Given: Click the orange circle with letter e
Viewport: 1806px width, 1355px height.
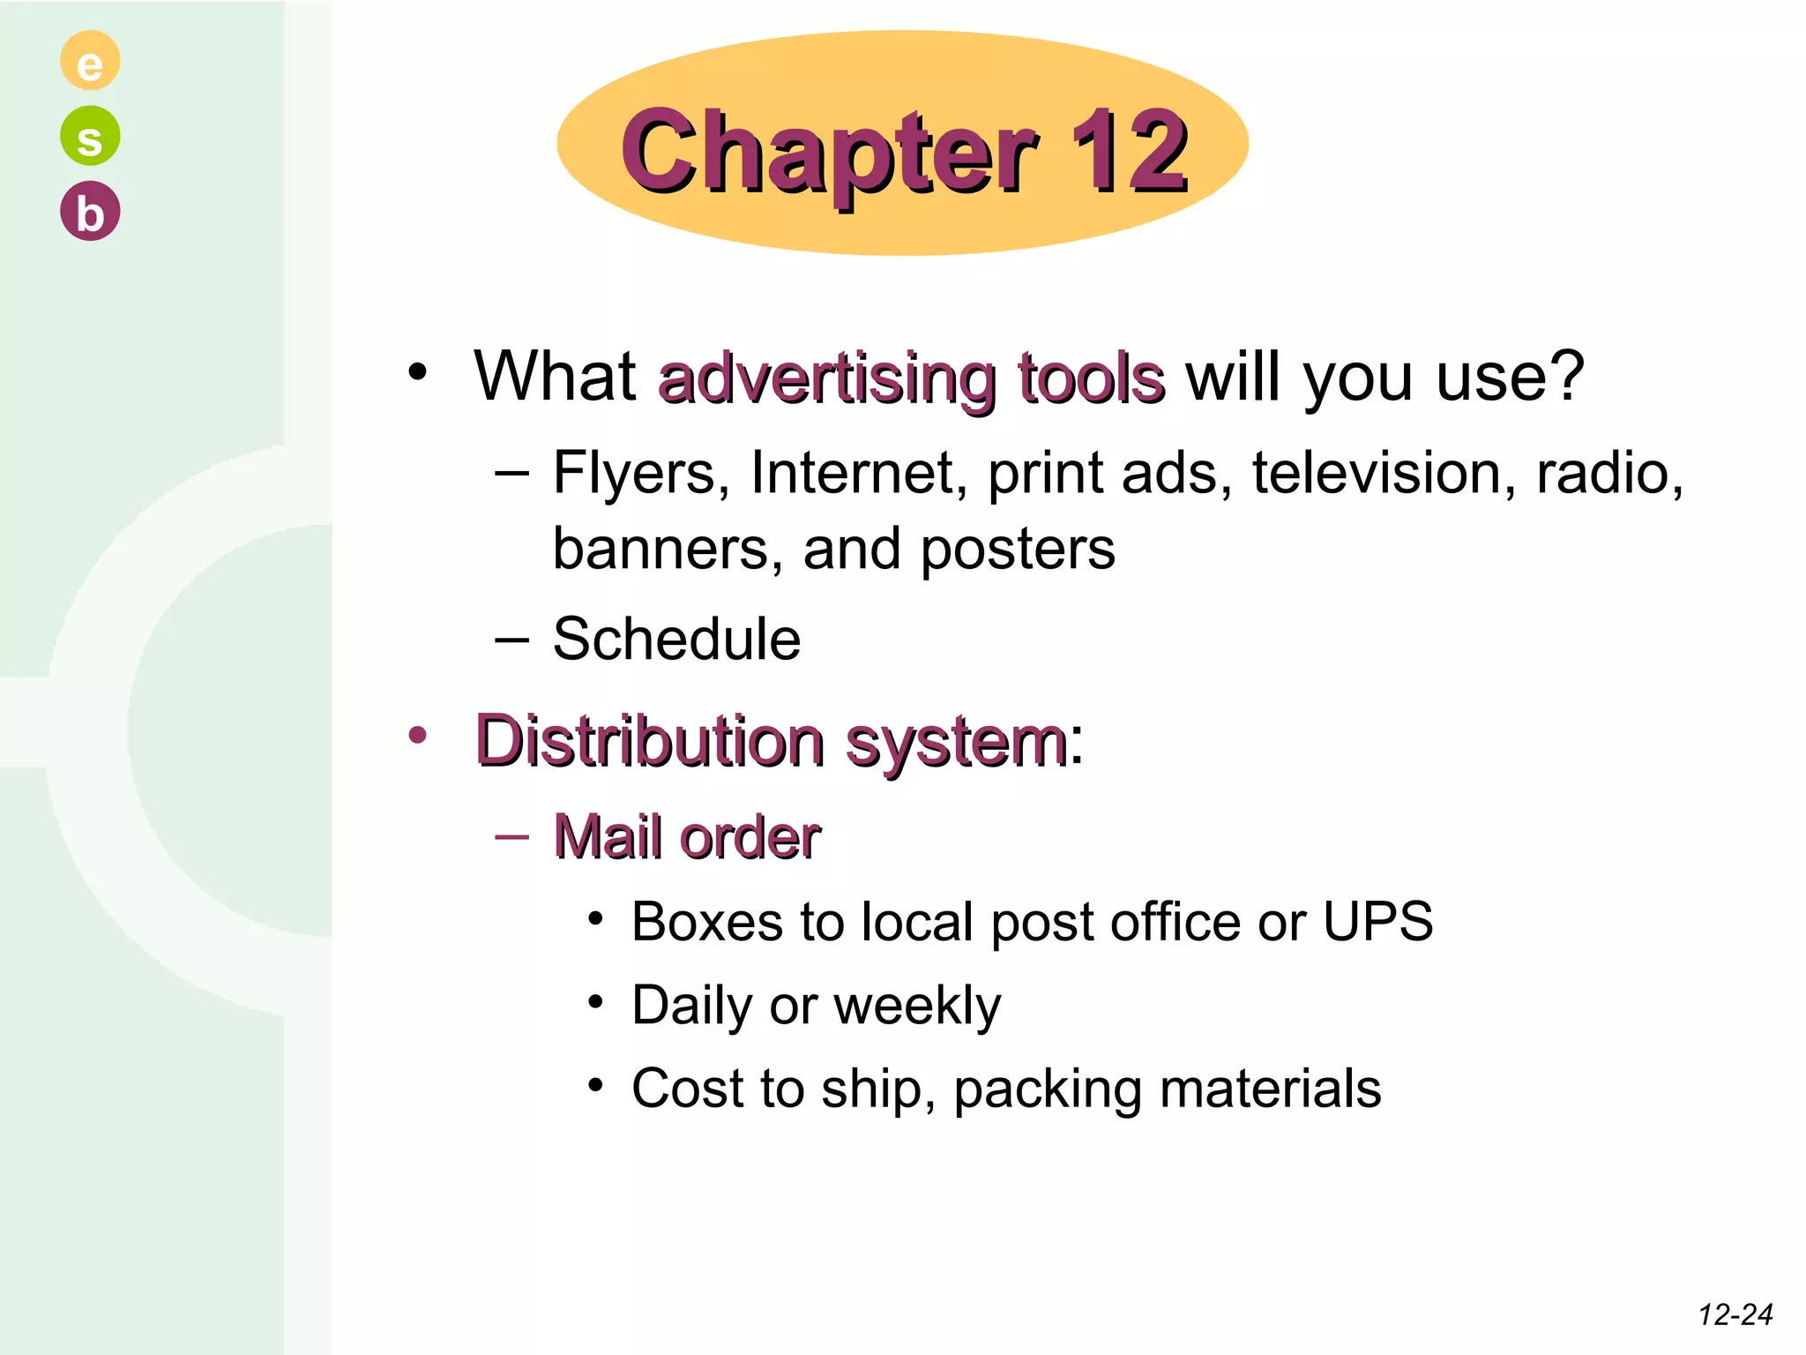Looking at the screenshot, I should pos(90,61).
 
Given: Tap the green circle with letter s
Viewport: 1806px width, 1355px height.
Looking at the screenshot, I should pos(90,136).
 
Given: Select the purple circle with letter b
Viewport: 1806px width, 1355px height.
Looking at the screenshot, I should pos(90,212).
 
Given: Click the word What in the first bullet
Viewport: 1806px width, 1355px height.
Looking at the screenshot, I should pos(555,376).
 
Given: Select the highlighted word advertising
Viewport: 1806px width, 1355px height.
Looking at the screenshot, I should pos(827,379).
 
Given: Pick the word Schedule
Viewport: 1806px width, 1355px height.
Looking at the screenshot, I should pos(676,639).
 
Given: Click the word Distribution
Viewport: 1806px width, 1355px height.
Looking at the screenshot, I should pos(650,740).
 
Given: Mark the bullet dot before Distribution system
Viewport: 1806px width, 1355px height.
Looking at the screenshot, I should pos(417,734).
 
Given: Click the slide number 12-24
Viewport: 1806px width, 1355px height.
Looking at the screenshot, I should pos(1735,1315).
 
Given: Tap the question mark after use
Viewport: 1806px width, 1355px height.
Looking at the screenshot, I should pos(1565,376).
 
